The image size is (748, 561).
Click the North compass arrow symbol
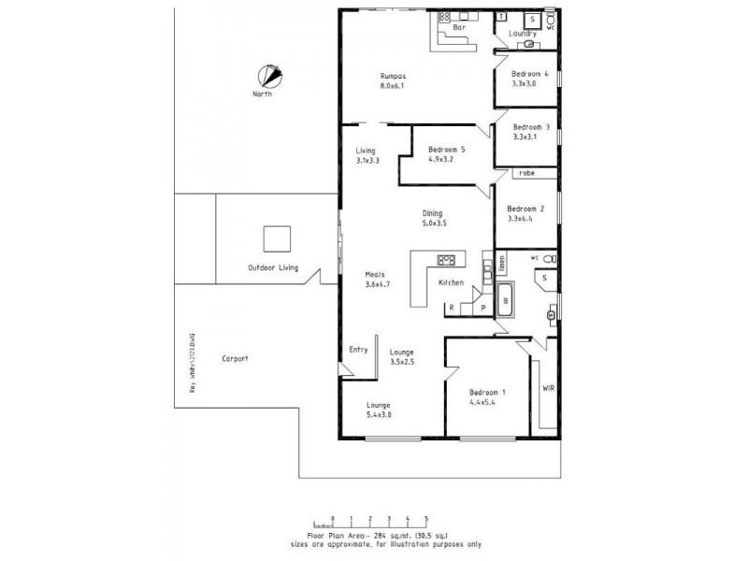pos(270,75)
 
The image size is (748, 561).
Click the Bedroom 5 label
pos(446,150)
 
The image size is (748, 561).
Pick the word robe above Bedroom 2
pos(526,173)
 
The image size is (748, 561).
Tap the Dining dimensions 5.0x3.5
pos(433,223)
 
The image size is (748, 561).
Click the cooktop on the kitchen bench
pos(446,260)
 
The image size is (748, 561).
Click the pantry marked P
pos(482,308)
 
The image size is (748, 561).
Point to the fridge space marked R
pos(452,308)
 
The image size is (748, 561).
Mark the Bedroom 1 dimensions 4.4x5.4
pos(487,404)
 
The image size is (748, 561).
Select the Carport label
pos(235,358)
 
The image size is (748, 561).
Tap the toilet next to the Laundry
pos(551,19)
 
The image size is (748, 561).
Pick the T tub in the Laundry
pos(502,18)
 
